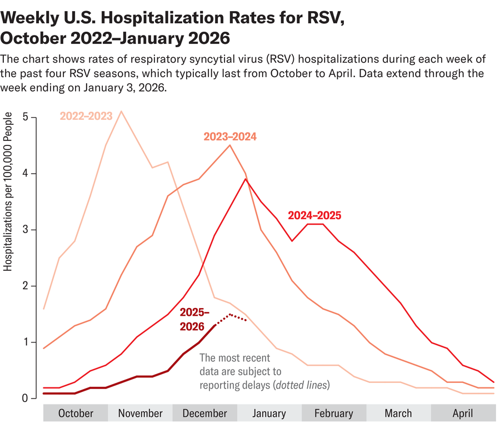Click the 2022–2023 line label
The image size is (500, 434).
click(x=86, y=116)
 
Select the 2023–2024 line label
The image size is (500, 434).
click(x=230, y=137)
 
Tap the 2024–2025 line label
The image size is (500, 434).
click(x=314, y=215)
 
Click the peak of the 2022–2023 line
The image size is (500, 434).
click(x=121, y=112)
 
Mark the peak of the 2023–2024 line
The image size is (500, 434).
click(x=230, y=145)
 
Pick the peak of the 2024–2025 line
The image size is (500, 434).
click(x=246, y=179)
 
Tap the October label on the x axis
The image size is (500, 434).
click(x=76, y=413)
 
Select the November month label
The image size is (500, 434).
click(x=140, y=413)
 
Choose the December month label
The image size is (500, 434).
click(x=204, y=413)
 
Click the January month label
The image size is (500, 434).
click(x=269, y=413)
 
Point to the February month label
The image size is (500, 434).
click(x=334, y=413)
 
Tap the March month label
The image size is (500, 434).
click(x=398, y=413)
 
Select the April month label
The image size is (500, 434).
click(x=463, y=413)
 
